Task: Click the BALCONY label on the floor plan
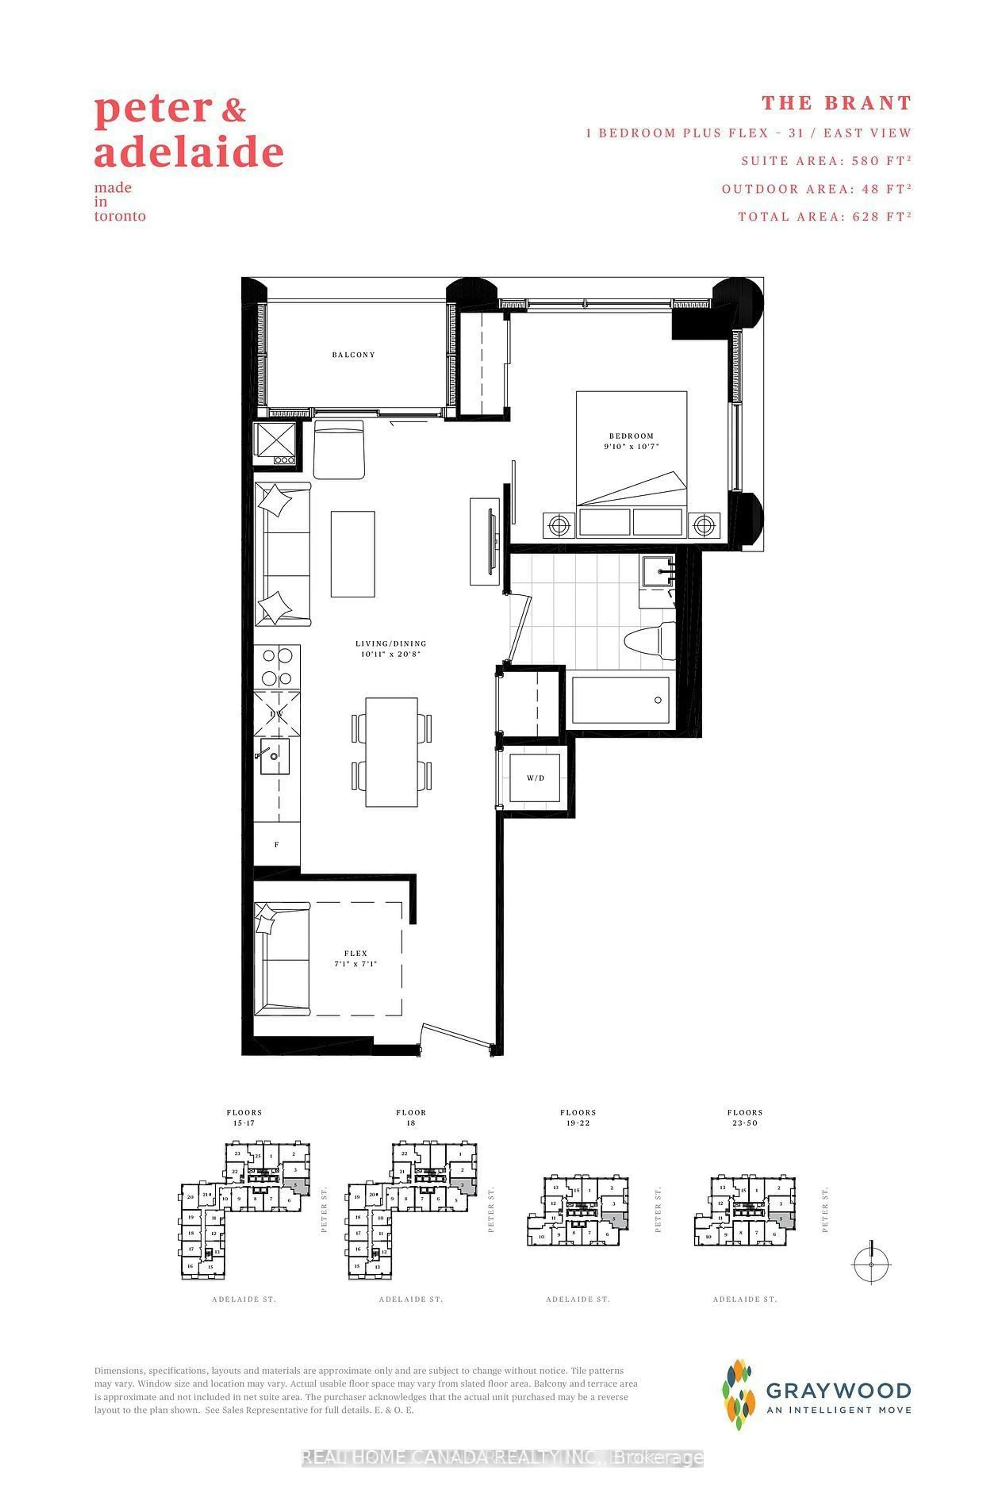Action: tap(353, 354)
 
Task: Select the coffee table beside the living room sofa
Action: tap(353, 554)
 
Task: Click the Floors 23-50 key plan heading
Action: tap(745, 1117)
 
